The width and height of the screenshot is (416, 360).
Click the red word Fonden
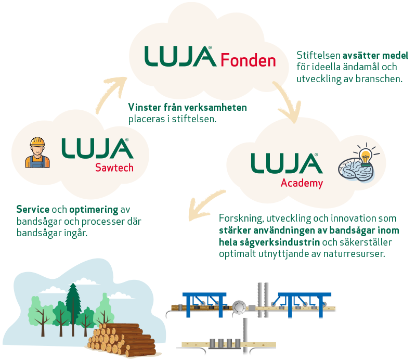click(248, 60)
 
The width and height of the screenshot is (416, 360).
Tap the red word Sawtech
click(114, 167)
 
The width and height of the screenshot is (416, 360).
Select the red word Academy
click(302, 183)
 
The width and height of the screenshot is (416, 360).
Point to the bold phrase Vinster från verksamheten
click(187, 108)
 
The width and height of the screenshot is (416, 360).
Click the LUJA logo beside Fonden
click(179, 56)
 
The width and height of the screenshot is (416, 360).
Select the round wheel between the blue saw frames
click(240, 307)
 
